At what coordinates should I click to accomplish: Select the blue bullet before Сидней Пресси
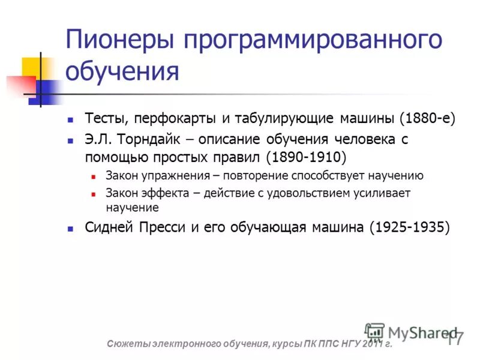(71, 229)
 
